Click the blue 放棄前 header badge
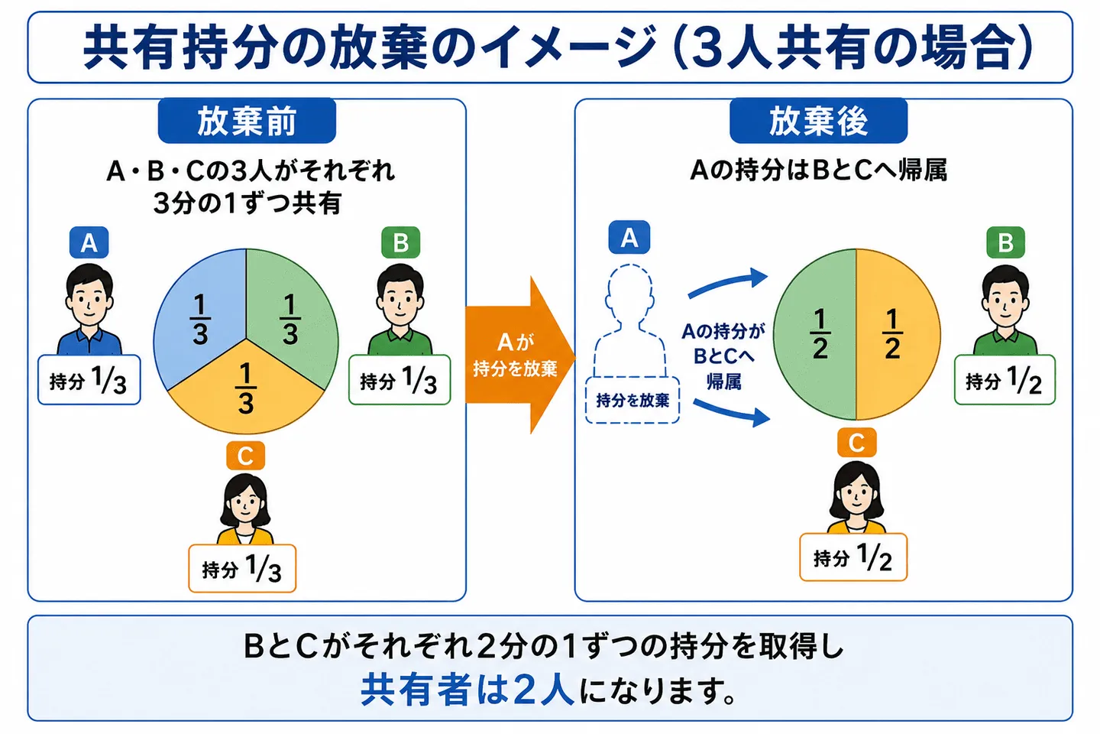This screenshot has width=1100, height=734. pos(247,121)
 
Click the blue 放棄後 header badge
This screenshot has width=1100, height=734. pos(819,121)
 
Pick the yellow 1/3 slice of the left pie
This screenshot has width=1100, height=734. pos(245,393)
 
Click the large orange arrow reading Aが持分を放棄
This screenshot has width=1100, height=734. pos(520,355)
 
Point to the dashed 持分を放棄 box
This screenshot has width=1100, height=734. pos(632,400)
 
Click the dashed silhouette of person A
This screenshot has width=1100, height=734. pos(630,320)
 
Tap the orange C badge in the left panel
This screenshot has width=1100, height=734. pos(245,456)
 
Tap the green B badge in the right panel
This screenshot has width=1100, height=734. pos(1006,242)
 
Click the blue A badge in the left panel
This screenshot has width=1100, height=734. pos(89,242)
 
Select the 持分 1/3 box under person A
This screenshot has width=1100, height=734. pos(89,380)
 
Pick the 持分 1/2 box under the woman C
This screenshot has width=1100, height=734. pos(853,557)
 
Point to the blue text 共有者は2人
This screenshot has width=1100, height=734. pos(467,690)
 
